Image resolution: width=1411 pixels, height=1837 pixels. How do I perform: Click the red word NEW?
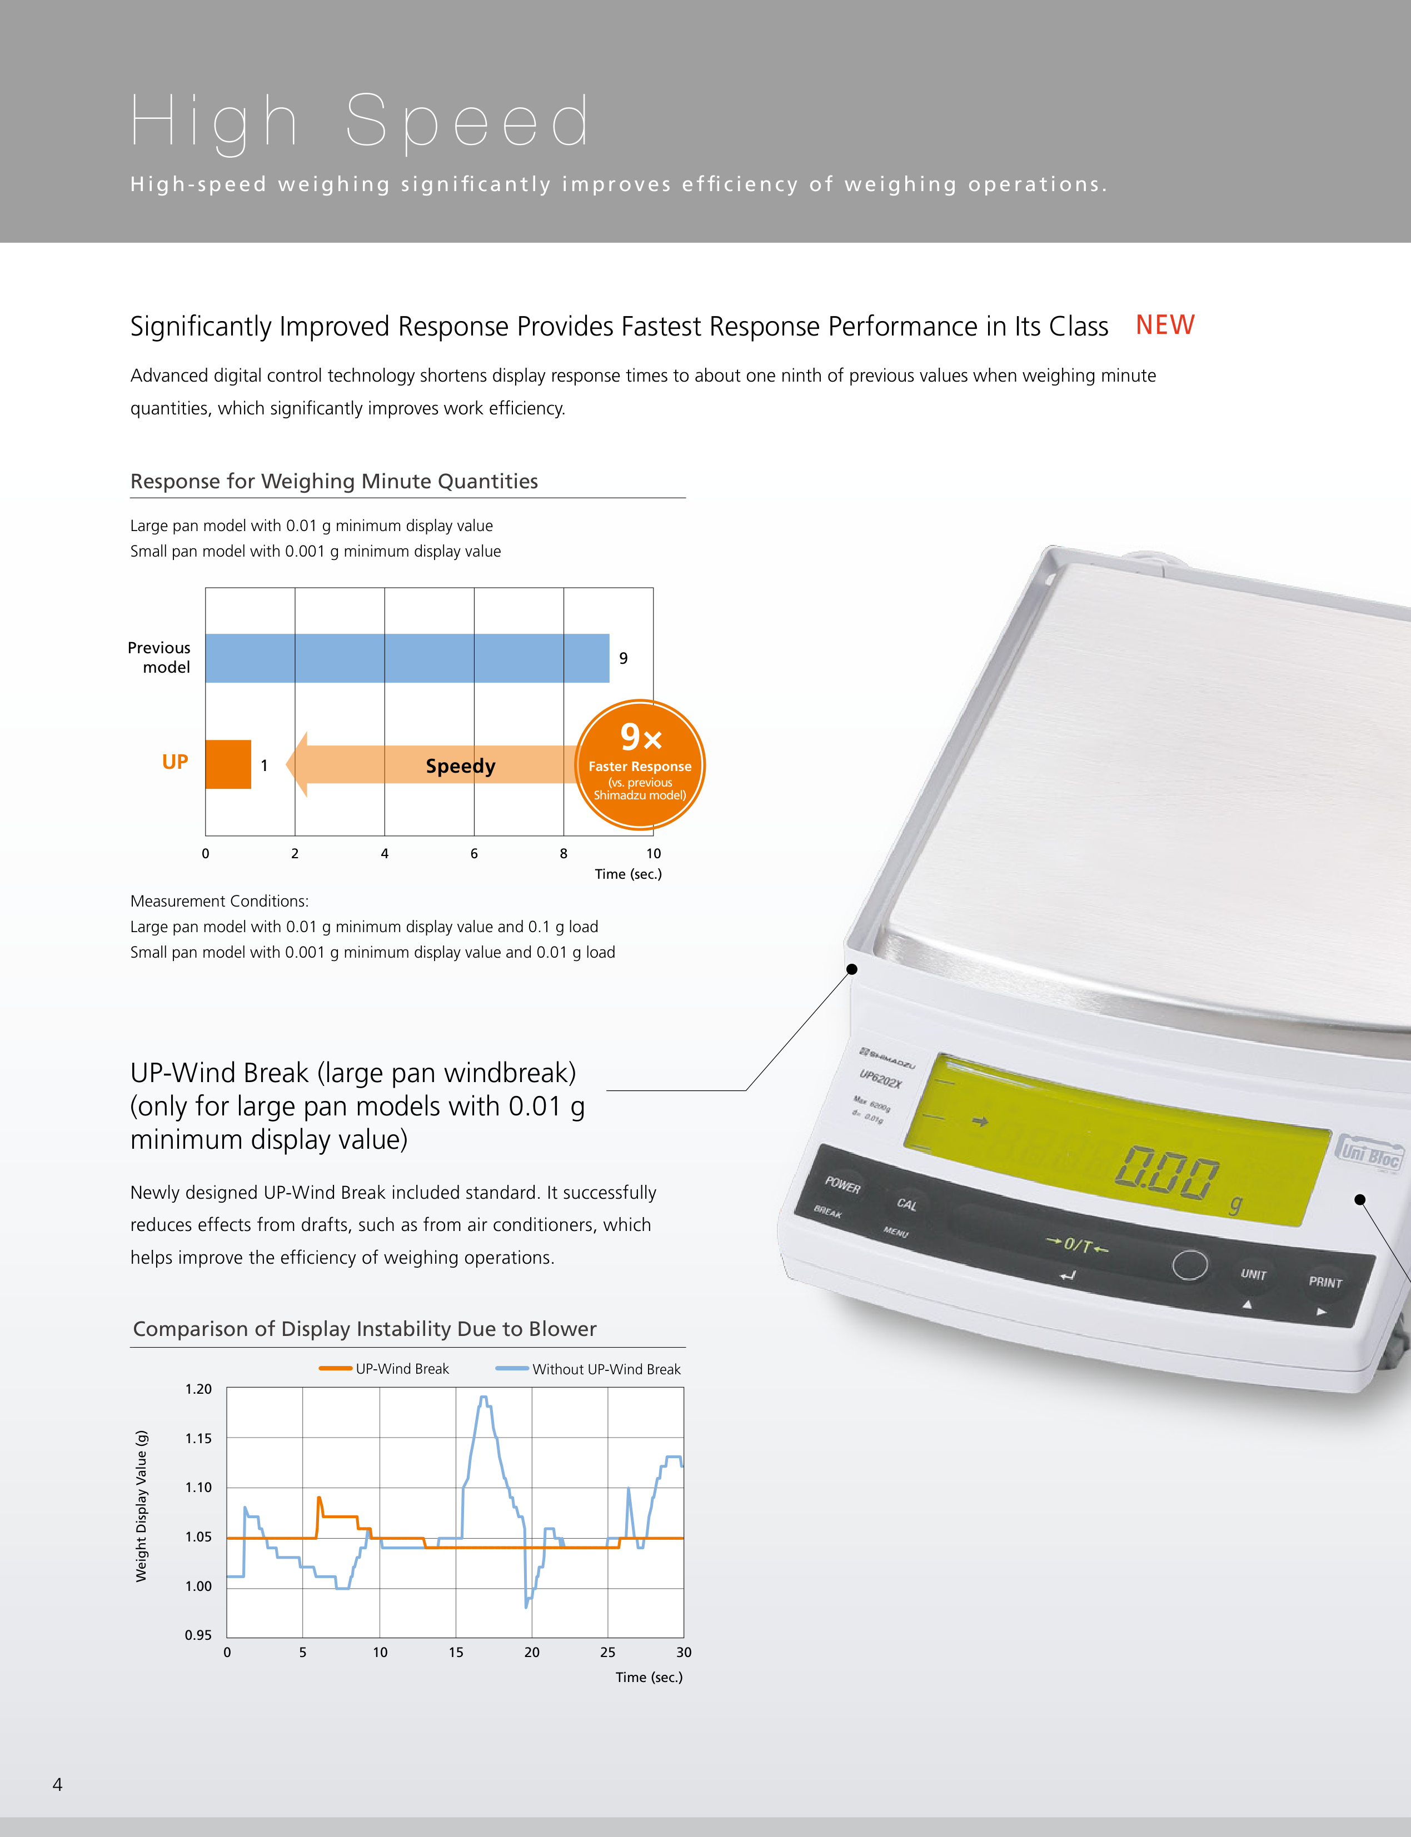[1165, 325]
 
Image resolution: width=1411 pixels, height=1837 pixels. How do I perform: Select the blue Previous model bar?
[407, 658]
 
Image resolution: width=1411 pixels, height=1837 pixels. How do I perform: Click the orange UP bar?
[228, 764]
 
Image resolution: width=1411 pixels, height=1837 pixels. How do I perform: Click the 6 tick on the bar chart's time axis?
[473, 853]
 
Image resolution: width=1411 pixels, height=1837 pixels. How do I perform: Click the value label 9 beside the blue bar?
[623, 658]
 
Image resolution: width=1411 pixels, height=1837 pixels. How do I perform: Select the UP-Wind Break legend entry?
[384, 1369]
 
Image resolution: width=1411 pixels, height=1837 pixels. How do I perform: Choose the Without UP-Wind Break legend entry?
[588, 1369]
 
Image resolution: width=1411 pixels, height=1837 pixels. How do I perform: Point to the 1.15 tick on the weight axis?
[198, 1438]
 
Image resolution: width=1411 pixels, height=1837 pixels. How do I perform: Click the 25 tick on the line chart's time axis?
[607, 1652]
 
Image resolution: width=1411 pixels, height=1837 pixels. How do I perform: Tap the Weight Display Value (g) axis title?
[141, 1506]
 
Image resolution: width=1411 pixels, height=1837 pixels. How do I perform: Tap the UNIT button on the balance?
[1253, 1274]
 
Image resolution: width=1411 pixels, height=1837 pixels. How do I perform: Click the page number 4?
[57, 1785]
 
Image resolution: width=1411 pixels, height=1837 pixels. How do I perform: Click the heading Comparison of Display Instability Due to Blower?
[365, 1329]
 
